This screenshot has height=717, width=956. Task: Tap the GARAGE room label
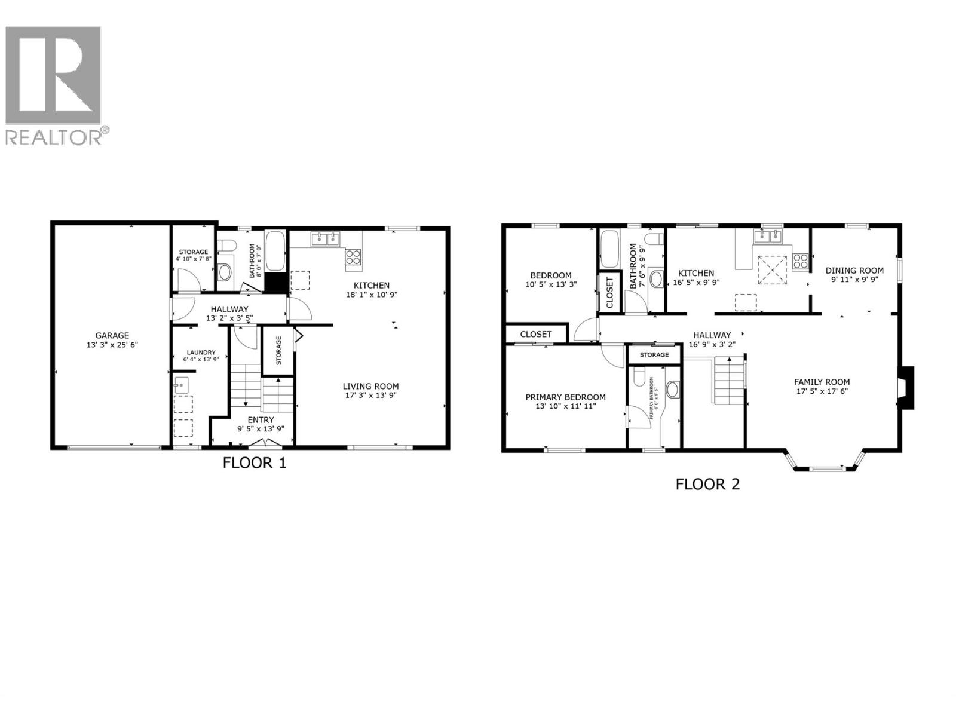tap(112, 335)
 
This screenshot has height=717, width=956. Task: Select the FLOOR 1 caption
tap(255, 462)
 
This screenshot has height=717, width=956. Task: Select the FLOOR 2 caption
tap(707, 484)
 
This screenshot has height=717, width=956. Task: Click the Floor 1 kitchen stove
tap(353, 258)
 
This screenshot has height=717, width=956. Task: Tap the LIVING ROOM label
tap(370, 386)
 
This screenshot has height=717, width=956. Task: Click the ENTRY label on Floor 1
tap(261, 419)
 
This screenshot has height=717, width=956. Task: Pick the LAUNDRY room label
tap(201, 353)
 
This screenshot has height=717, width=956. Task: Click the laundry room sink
tap(181, 384)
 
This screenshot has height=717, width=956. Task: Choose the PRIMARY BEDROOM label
tap(565, 397)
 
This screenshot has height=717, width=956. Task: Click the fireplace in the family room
tap(906, 387)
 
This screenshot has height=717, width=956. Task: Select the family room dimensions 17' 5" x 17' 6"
tap(822, 391)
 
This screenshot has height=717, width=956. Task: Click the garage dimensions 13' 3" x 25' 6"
tap(112, 345)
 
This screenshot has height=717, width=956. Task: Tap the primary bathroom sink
tap(672, 390)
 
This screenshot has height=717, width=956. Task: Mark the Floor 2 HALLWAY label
tap(712, 335)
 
